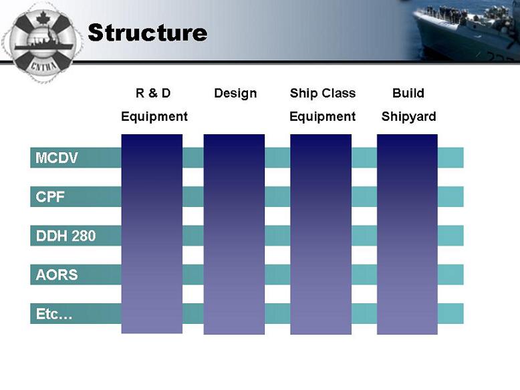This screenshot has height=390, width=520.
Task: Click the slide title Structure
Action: [148, 33]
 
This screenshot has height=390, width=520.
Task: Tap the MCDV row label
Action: [57, 158]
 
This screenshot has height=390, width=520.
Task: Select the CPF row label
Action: [49, 197]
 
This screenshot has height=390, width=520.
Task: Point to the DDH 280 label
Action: [66, 236]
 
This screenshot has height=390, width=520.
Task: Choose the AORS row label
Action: [57, 274]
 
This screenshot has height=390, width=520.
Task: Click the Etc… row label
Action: [54, 314]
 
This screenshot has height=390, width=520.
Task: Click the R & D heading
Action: [153, 93]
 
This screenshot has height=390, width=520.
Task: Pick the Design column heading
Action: [235, 93]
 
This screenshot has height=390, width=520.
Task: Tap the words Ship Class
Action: [323, 93]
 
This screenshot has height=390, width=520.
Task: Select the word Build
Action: [408, 93]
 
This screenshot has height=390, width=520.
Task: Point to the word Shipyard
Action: [408, 117]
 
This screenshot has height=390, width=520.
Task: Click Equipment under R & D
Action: [154, 117]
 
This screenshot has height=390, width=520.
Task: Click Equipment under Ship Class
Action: [322, 117]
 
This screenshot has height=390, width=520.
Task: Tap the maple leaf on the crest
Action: [43, 18]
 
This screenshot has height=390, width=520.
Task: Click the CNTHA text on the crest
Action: [43, 66]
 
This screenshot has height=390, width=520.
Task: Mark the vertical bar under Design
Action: [234, 234]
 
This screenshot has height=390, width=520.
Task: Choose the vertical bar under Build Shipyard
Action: [407, 234]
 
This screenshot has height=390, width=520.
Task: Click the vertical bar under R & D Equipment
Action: [152, 234]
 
